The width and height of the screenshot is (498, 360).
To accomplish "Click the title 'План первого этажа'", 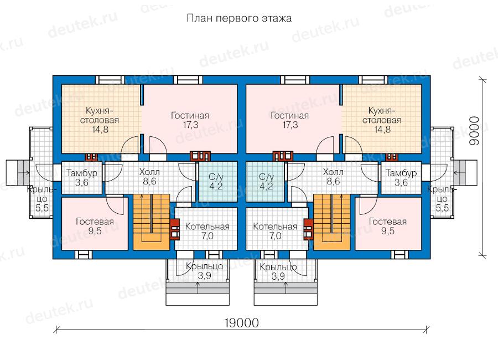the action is [x=239, y=18].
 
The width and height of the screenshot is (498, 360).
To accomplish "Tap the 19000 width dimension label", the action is [x=241, y=323].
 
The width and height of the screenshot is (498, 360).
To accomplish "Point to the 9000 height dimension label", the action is [x=474, y=130].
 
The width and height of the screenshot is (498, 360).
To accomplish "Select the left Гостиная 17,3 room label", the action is [x=190, y=120].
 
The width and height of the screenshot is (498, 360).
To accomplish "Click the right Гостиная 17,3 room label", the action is [x=289, y=120].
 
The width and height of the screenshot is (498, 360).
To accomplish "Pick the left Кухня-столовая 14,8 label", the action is [x=100, y=120].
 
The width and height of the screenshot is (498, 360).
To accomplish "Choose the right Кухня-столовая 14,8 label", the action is [x=382, y=120].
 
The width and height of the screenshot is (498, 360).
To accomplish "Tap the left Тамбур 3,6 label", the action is [x=82, y=177].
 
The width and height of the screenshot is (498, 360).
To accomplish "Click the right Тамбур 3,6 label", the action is [x=401, y=177].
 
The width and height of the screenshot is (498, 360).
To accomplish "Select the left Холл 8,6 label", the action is [x=149, y=177].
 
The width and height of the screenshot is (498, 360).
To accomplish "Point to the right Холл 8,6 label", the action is [x=333, y=177].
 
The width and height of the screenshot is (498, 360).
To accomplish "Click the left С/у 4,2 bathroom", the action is [x=218, y=181].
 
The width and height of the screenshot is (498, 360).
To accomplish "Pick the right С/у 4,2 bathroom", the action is [x=265, y=181].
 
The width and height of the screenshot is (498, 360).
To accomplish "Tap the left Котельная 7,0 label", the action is [x=207, y=231].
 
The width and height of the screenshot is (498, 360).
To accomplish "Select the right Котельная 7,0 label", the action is [x=275, y=231].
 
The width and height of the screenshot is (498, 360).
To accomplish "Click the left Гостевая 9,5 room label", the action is [x=95, y=226].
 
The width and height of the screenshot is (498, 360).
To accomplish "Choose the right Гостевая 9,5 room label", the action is [x=387, y=226].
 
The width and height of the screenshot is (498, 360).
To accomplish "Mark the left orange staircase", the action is [x=151, y=222].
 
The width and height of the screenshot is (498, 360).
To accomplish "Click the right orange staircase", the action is [x=331, y=222].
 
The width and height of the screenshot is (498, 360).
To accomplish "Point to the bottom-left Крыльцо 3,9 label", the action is [x=205, y=271].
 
